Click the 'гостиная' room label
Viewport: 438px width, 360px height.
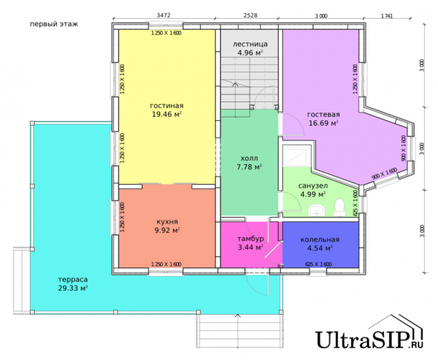[167, 106]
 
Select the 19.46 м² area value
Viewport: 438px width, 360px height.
[167, 114]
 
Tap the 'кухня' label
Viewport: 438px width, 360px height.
[167, 222]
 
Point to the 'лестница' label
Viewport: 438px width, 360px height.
[250, 44]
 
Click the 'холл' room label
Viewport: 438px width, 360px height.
[249, 158]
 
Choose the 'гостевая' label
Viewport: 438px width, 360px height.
[323, 115]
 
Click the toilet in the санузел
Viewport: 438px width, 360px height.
[340, 207]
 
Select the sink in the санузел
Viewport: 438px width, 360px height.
[316, 210]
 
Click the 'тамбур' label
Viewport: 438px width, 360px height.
[250, 239]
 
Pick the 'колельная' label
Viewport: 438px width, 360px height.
[320, 240]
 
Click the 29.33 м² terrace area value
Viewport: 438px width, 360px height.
[73, 288]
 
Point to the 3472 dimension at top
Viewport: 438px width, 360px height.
[163, 15]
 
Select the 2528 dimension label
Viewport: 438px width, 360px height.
[250, 15]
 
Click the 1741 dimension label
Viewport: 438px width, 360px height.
[387, 16]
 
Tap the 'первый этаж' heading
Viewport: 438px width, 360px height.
[54, 24]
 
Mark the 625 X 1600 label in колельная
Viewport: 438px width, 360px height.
[318, 264]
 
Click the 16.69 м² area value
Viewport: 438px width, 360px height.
[323, 123]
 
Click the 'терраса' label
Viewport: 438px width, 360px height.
[73, 279]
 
